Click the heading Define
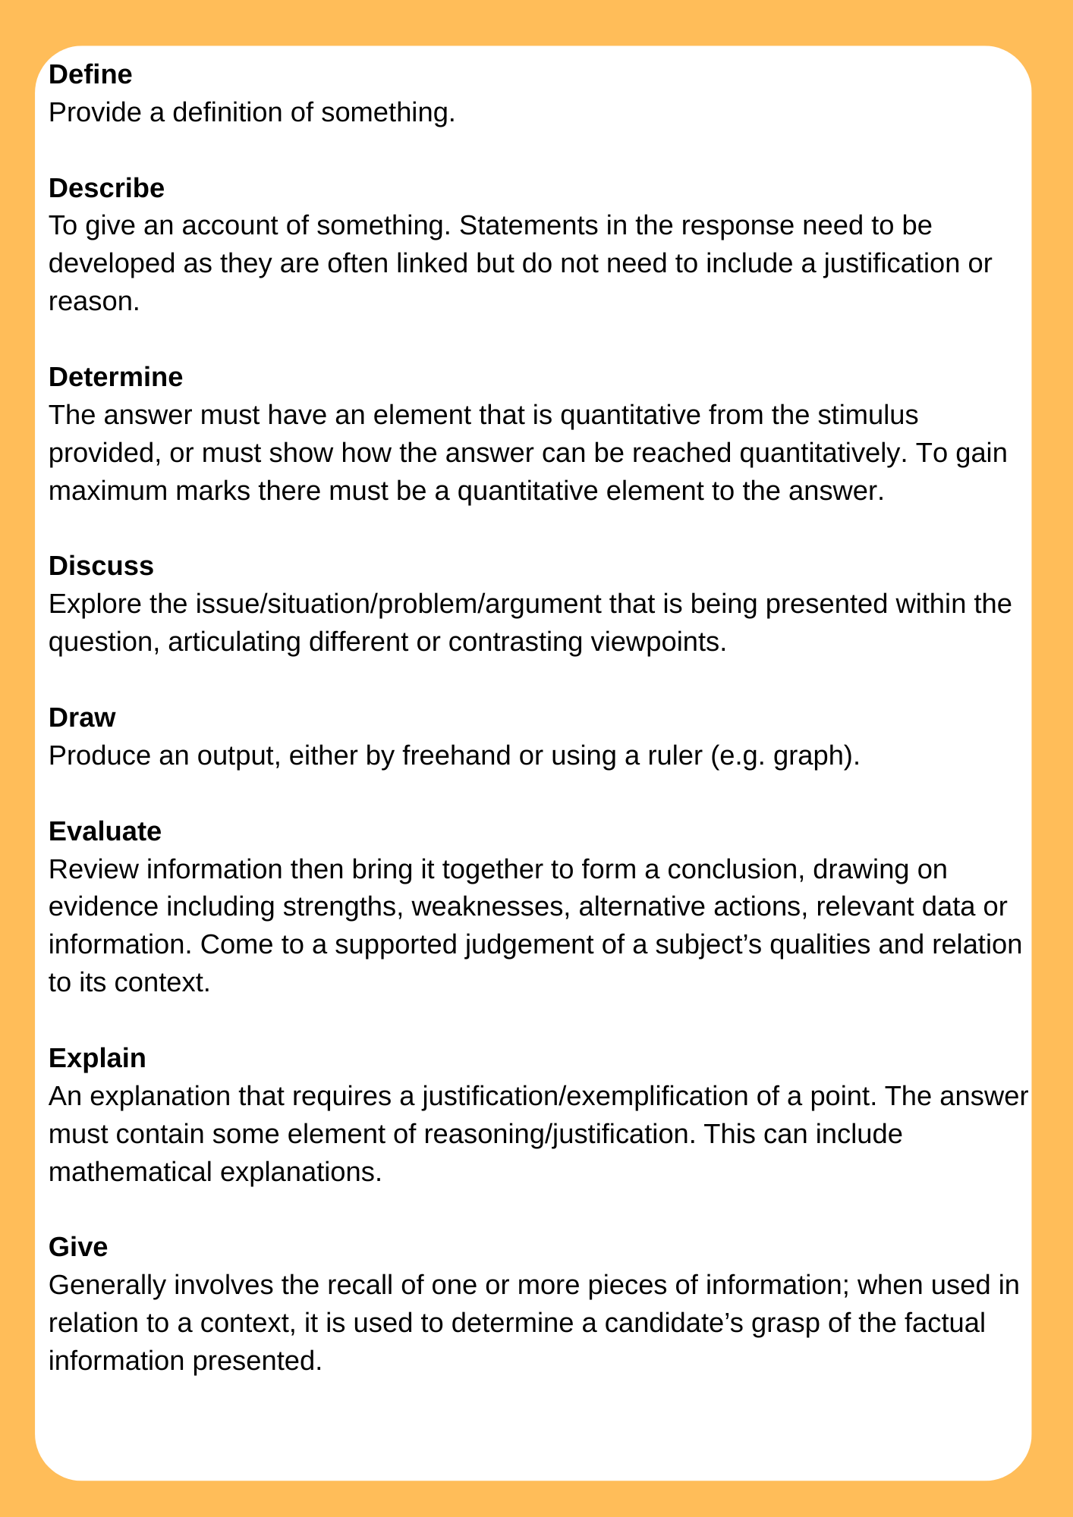[90, 74]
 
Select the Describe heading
[106, 188]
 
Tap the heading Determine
[115, 377]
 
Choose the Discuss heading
[101, 566]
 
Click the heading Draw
[82, 718]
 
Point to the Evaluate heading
[105, 831]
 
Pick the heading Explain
[97, 1058]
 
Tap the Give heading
[78, 1247]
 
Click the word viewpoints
[652, 642]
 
